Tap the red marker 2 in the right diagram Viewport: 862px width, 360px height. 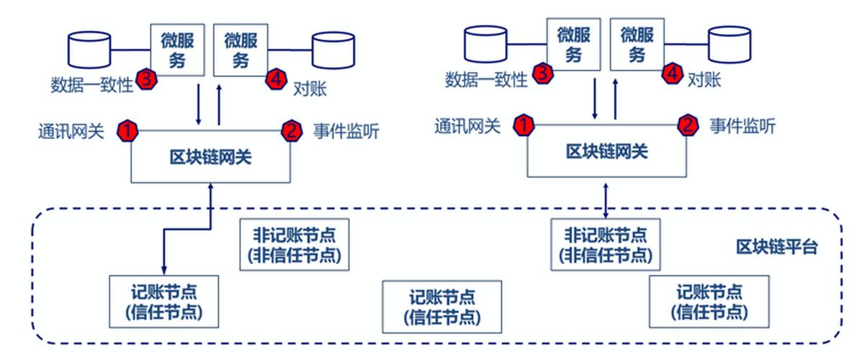click(687, 126)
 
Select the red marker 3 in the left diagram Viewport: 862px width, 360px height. click(145, 79)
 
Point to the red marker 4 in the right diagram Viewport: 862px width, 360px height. click(671, 73)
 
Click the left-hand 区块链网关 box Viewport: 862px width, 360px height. click(211, 156)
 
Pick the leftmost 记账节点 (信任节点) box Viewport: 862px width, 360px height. click(163, 301)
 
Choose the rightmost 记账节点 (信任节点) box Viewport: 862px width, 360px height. click(709, 302)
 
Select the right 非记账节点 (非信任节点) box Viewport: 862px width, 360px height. click(605, 245)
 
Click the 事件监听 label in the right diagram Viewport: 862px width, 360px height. click(742, 127)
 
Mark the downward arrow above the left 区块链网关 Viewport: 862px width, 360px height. click(198, 104)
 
